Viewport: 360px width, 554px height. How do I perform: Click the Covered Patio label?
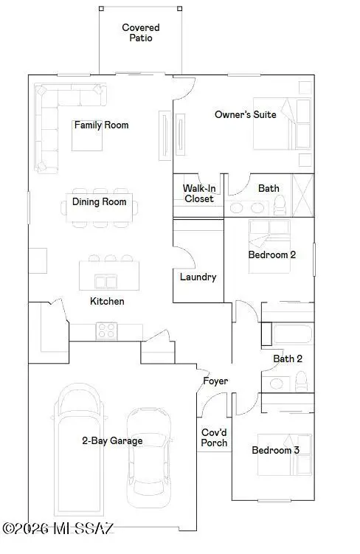click(x=140, y=32)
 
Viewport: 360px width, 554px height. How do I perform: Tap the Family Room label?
click(x=101, y=125)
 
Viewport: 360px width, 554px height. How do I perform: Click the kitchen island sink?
click(x=104, y=281)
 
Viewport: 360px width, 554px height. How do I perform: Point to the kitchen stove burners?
click(x=105, y=331)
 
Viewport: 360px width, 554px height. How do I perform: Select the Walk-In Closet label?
click(x=198, y=193)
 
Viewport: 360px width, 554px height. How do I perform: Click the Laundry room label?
click(x=198, y=277)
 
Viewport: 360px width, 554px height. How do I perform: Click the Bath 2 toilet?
click(x=300, y=381)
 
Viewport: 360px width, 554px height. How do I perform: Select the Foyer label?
click(x=216, y=381)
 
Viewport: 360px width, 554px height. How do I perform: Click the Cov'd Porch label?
click(x=215, y=438)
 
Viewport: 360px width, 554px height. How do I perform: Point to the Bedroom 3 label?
click(x=275, y=450)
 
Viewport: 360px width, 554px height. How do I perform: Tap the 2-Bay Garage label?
click(x=112, y=440)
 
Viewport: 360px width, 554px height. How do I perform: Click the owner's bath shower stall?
click(x=303, y=195)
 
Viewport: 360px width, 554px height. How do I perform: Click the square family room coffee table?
click(x=87, y=139)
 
